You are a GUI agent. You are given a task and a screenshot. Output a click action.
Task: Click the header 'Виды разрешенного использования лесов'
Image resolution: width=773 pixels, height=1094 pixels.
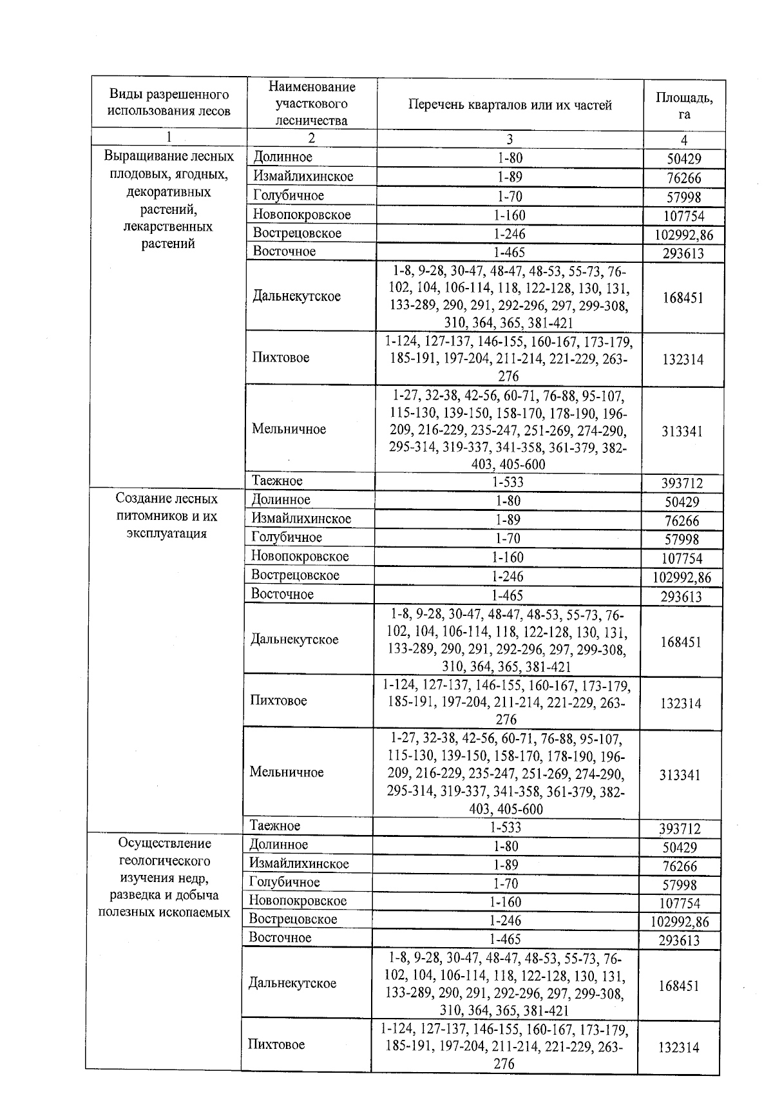(x=168, y=103)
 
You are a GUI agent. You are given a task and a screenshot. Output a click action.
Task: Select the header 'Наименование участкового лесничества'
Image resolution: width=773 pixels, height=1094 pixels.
(x=311, y=103)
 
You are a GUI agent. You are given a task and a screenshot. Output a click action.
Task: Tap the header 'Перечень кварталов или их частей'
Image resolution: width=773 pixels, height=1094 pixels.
(x=510, y=105)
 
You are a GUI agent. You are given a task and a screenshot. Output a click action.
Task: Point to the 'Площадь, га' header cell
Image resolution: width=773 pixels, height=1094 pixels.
(x=683, y=106)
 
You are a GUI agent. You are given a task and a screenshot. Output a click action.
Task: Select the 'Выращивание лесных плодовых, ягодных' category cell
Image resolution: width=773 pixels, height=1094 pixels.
(x=169, y=200)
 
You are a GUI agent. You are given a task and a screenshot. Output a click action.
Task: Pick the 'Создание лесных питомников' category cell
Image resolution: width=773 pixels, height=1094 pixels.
(x=167, y=516)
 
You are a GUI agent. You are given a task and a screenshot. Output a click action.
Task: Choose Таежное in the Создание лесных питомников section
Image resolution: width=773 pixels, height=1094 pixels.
(x=275, y=826)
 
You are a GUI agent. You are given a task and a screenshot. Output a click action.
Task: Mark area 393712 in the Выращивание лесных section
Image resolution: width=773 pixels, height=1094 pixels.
(x=682, y=483)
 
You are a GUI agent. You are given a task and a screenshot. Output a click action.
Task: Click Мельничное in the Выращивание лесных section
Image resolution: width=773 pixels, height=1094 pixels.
(x=289, y=429)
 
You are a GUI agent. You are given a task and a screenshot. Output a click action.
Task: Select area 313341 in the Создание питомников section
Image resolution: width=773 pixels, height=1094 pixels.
(x=680, y=775)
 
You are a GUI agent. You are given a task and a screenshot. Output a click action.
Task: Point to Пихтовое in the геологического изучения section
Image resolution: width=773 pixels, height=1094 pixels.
(x=276, y=1044)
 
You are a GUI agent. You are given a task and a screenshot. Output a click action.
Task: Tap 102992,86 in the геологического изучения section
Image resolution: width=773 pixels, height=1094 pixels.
(x=680, y=922)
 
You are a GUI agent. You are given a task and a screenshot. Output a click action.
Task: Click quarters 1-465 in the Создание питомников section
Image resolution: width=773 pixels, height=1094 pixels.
(x=508, y=595)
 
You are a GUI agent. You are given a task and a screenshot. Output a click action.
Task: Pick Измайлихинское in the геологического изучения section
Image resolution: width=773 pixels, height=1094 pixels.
(x=299, y=863)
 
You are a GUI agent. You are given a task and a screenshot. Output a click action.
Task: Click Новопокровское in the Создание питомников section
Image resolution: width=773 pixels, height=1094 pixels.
(x=300, y=557)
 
